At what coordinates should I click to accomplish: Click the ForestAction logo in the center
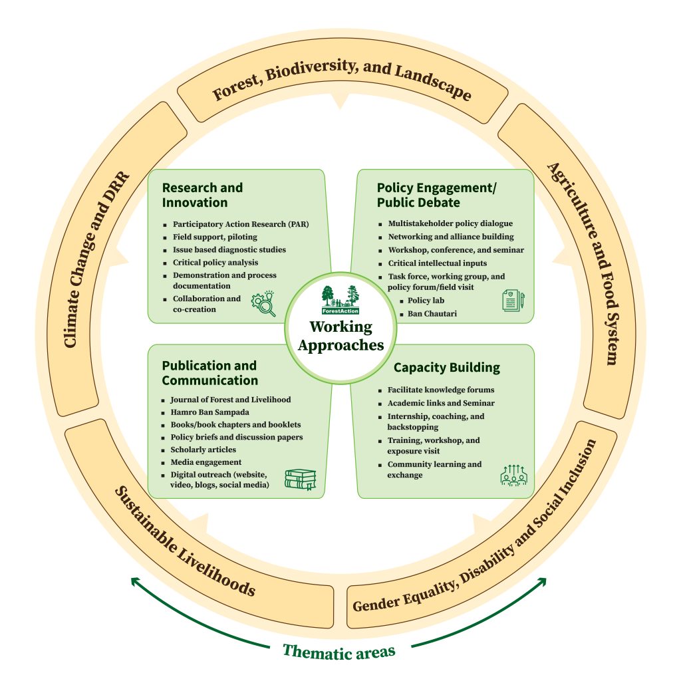340,301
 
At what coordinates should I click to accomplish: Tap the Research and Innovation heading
202,195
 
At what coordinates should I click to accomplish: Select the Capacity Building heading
446,368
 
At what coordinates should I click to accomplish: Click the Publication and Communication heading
209,373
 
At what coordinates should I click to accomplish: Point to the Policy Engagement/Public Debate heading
436,195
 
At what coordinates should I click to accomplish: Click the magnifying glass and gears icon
263,303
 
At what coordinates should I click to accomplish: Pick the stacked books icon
300,479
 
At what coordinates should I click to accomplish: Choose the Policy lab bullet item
426,301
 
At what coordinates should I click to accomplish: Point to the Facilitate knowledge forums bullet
440,390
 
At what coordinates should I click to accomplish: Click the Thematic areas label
339,650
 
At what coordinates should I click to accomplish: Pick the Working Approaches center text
340,336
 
